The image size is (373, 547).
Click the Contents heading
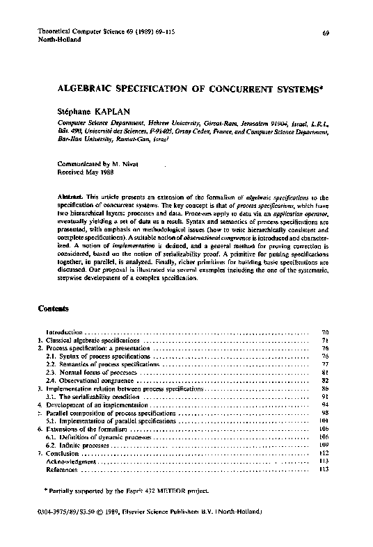[x=54, y=307]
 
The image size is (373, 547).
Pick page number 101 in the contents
[x=323, y=421]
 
